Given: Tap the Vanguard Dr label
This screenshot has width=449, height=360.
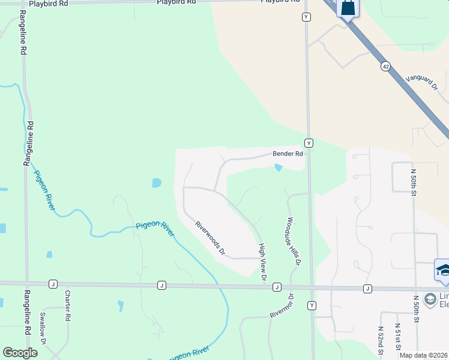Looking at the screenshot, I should [x=422, y=82].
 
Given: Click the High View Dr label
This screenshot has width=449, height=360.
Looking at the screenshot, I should [x=262, y=262].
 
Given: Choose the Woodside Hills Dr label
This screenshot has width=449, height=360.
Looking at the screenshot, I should [x=293, y=241].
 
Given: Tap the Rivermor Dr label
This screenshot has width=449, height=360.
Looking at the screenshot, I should [x=280, y=306].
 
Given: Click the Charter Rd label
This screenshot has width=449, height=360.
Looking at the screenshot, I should [x=68, y=305].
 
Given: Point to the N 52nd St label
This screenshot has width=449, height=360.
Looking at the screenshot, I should [x=381, y=340].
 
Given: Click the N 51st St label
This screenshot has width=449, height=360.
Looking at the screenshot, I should [x=397, y=337].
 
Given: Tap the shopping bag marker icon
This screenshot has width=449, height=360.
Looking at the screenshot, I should [x=348, y=8].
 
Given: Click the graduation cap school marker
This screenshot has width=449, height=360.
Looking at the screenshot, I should [x=443, y=271].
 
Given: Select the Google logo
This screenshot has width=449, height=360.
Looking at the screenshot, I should [x=20, y=353].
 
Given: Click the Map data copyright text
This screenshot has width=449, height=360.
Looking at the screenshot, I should [x=423, y=356].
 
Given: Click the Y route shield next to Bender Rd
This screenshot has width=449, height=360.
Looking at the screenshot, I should [x=309, y=143].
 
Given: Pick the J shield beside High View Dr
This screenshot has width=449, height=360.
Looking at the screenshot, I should [x=277, y=287].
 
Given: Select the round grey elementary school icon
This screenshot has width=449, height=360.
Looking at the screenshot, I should [x=430, y=299].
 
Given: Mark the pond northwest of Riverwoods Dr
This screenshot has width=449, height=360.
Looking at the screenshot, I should [x=157, y=182].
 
